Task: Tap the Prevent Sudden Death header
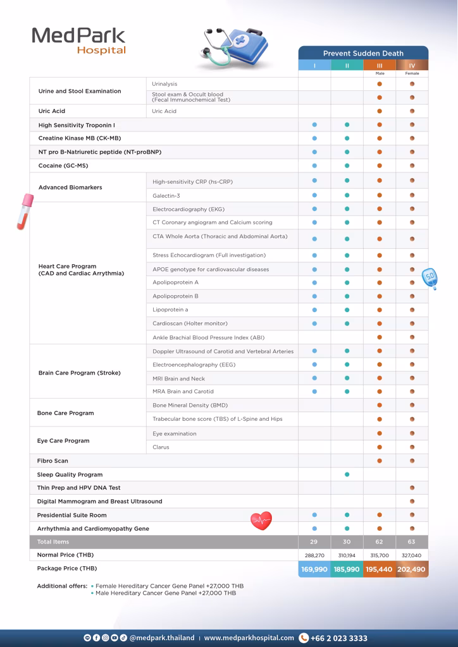click(x=363, y=53)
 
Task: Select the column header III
click(x=380, y=65)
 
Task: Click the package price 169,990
click(x=314, y=569)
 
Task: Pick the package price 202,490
click(x=412, y=569)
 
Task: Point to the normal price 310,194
click(x=347, y=555)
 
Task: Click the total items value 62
click(x=380, y=542)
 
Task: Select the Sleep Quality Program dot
click(x=347, y=475)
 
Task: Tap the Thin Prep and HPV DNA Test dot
click(x=412, y=488)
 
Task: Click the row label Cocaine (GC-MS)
click(x=63, y=166)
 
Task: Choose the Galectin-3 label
click(x=166, y=196)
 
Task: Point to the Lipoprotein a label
click(x=170, y=310)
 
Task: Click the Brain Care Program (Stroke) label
click(x=79, y=373)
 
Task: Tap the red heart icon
click(x=261, y=521)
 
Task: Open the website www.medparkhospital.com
click(x=249, y=638)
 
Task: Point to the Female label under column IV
click(x=412, y=73)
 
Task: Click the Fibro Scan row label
click(x=53, y=461)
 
